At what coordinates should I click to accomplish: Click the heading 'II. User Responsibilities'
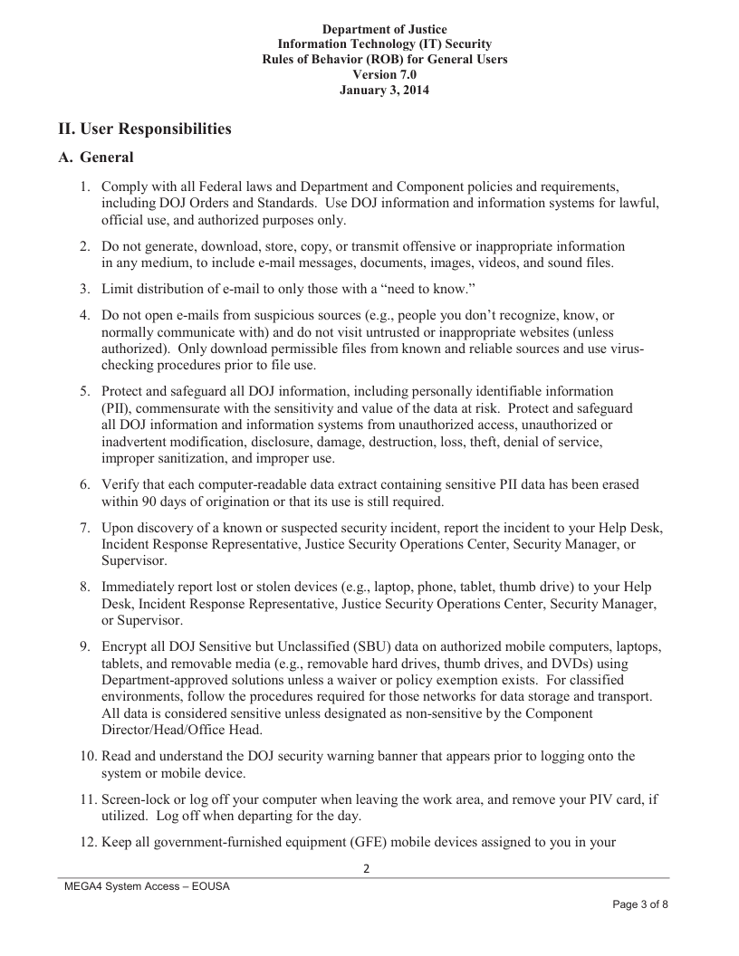145,129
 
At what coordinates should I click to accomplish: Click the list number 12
85,842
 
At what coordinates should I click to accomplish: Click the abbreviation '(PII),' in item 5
121,408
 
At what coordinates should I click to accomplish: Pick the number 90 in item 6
149,502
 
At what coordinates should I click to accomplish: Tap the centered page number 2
367,869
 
